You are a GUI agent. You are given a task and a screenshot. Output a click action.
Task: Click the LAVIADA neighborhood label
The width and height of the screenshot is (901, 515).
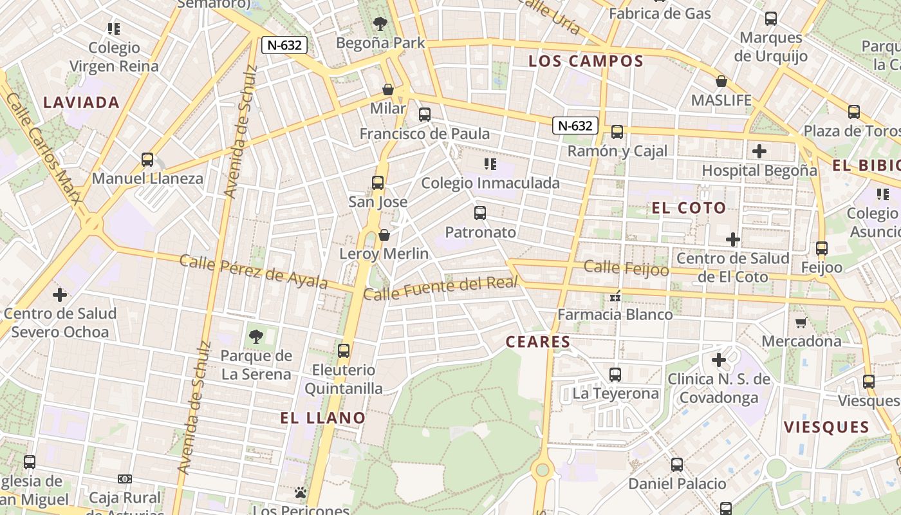81,102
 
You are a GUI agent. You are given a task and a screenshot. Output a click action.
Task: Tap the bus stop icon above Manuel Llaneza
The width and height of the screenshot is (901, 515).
147,160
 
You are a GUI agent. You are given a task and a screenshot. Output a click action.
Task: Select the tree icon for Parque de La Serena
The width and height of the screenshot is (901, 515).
256,336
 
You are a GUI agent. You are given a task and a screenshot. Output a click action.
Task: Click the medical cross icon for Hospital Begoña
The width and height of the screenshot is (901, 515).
759,151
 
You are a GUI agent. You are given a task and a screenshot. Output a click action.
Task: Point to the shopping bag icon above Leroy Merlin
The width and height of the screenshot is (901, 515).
384,235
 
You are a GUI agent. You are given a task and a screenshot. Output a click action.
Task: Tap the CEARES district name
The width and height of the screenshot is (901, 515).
538,342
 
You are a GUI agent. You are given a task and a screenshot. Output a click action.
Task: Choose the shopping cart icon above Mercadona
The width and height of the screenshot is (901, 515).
801,323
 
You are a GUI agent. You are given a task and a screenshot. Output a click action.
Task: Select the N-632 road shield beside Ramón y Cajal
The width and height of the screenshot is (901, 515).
575,126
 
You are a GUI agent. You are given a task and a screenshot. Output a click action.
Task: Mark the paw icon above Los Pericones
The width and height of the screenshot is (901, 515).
301,492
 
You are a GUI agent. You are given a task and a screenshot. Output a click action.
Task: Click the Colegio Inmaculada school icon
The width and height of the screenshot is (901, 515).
490,164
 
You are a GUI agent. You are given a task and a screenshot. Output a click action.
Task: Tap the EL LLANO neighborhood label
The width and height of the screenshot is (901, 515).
322,418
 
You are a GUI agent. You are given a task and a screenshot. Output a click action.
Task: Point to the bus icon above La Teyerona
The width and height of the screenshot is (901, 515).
615,374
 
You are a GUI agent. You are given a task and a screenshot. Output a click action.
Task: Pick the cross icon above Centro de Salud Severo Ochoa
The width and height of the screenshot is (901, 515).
59,295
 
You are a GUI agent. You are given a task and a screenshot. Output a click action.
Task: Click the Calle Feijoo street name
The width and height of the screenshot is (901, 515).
626,268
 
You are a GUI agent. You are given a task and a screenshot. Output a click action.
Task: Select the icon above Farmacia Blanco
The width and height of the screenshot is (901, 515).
615,296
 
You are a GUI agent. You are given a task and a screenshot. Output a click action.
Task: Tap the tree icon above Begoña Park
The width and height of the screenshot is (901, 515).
380,24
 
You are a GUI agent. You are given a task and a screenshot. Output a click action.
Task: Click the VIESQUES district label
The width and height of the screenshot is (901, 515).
826,427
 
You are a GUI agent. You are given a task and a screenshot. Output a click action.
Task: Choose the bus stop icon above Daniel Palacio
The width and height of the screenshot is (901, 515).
677,465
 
